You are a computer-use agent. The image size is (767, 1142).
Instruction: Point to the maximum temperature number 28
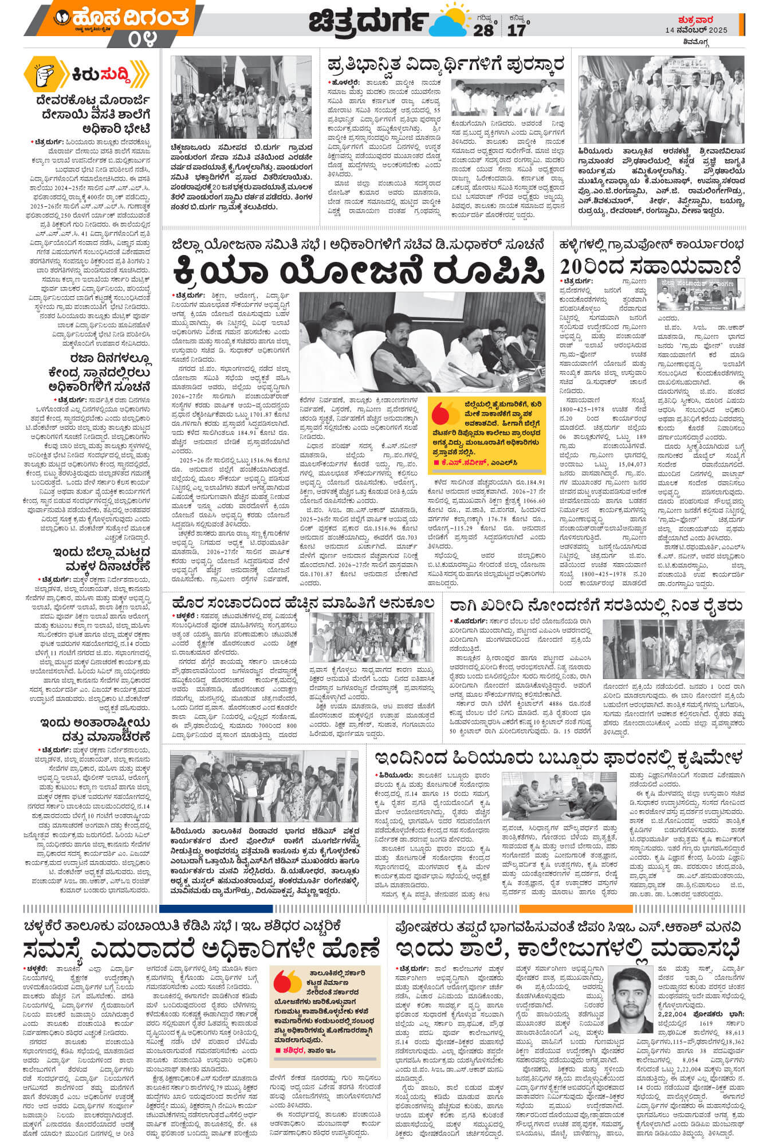[483, 30]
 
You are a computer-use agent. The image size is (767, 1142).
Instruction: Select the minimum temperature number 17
[516, 30]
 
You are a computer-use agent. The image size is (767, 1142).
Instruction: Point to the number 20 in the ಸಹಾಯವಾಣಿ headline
[575, 266]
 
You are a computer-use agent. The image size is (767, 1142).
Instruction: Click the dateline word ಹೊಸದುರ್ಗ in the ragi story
[469, 621]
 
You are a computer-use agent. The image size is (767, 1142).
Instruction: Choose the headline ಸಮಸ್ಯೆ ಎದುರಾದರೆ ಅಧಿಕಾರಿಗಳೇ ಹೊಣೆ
[201, 948]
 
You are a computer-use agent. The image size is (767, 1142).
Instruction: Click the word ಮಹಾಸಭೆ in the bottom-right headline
[688, 948]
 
